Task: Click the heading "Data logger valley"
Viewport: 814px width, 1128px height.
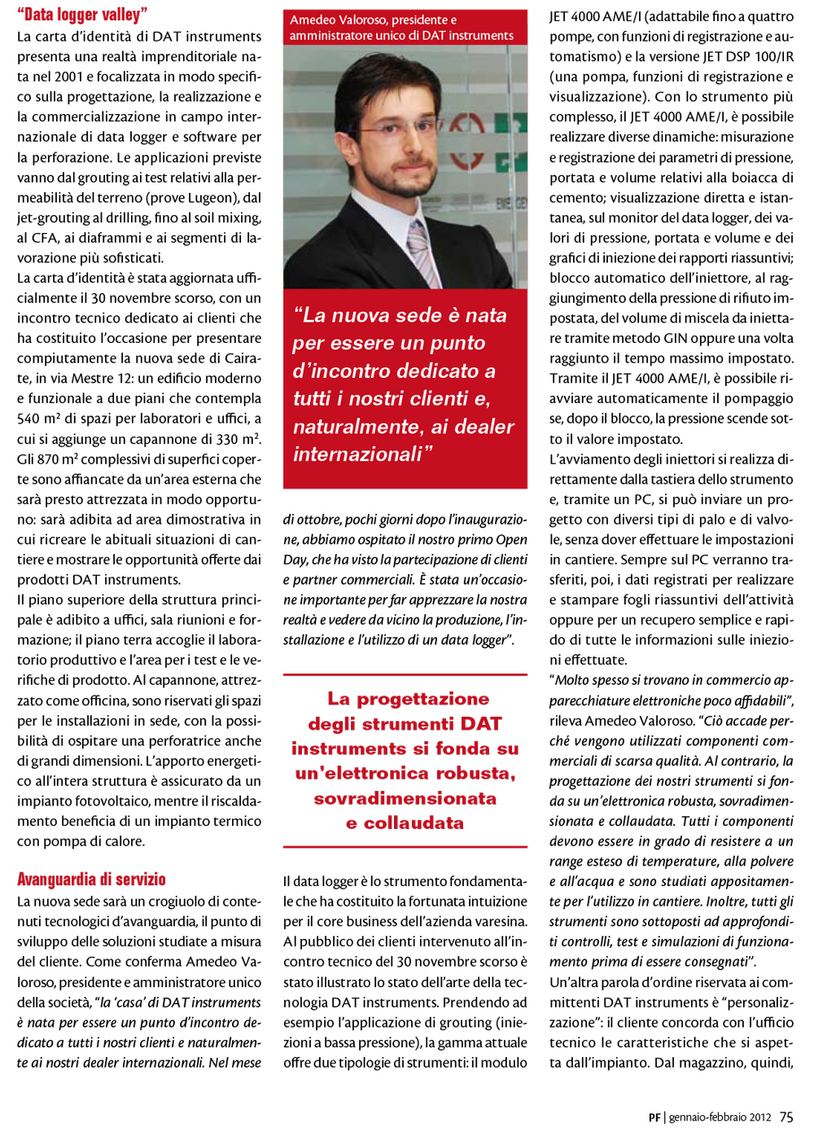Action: [82, 14]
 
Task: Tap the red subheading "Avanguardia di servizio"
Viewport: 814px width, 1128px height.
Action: [91, 879]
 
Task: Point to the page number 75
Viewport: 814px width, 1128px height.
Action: [786, 1117]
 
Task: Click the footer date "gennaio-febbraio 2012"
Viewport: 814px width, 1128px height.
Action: [720, 1117]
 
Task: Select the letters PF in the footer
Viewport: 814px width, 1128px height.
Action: [654, 1117]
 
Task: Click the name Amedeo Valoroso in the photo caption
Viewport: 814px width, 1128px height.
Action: [338, 20]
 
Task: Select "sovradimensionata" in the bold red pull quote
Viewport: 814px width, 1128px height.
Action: [405, 798]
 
